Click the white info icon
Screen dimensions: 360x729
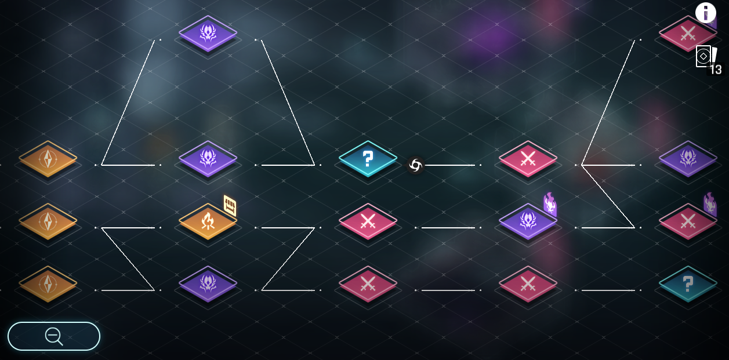click(706, 12)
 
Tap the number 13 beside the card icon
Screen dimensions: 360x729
click(716, 70)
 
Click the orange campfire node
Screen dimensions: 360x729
click(208, 221)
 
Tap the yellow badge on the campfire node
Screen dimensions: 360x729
click(230, 205)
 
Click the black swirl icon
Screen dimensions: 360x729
click(415, 165)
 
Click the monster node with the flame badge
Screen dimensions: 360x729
click(528, 221)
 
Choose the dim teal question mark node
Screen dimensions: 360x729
click(688, 283)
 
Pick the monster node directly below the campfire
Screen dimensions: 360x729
click(208, 283)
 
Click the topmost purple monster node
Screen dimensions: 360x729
click(208, 33)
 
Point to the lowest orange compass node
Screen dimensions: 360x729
click(48, 283)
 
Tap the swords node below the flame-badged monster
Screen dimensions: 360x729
click(528, 283)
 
